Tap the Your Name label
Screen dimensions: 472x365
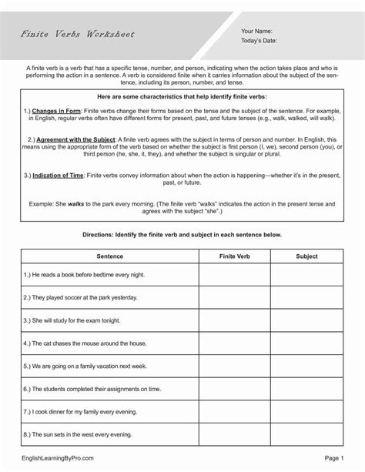257,30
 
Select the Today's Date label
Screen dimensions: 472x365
260,42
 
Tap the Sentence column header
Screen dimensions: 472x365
110,253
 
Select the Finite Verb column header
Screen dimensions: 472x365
233,253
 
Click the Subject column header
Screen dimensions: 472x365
306,253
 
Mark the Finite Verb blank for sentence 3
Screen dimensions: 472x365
233,320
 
